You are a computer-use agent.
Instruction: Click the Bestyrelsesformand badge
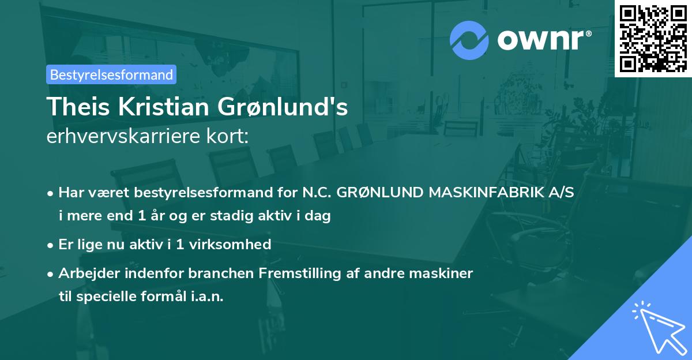tap(111, 74)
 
